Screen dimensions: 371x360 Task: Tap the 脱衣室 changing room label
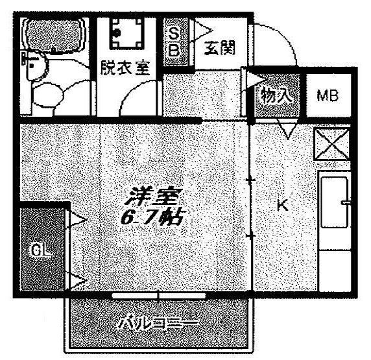point(125,68)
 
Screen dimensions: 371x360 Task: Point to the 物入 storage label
point(276,95)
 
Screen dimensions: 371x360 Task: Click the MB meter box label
point(328,95)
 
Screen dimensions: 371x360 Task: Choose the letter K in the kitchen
point(283,205)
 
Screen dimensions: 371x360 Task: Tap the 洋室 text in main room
point(153,197)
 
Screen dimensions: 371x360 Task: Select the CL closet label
point(40,250)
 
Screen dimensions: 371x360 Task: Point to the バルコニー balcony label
point(158,323)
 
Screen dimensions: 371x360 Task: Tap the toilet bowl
point(47,95)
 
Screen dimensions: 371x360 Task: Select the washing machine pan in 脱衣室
point(127,33)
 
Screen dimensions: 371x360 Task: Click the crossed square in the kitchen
point(331,145)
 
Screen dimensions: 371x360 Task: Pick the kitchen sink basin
point(334,202)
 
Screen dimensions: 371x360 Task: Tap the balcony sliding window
point(158,296)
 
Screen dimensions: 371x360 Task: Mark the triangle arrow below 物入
point(287,130)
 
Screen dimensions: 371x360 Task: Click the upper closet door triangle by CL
point(77,220)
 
